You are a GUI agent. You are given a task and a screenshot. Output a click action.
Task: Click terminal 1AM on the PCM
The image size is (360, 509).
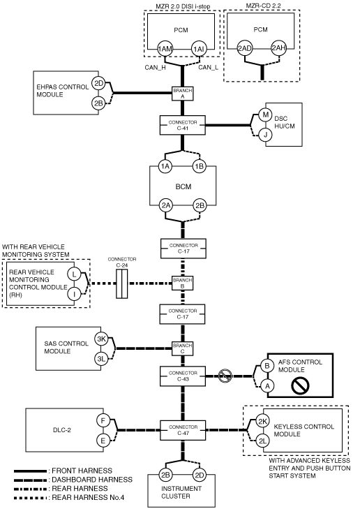click(165, 49)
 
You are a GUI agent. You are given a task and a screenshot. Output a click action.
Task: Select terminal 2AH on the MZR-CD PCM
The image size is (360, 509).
click(278, 48)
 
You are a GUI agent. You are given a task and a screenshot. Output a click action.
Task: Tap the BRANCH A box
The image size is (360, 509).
click(183, 94)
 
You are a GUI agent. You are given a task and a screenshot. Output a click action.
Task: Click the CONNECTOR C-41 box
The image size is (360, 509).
click(183, 125)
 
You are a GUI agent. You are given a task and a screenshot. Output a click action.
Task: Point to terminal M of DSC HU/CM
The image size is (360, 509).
click(266, 115)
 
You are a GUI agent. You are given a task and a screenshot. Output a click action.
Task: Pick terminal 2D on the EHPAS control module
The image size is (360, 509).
click(98, 83)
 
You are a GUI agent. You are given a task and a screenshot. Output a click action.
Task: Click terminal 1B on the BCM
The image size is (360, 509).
click(199, 166)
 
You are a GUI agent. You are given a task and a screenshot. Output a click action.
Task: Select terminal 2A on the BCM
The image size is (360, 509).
click(166, 205)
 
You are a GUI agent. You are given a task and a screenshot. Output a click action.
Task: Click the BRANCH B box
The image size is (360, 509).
click(183, 283)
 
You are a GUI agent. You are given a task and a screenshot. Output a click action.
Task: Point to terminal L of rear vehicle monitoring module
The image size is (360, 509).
click(74, 274)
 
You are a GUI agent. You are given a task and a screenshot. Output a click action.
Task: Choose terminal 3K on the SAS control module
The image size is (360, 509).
click(102, 339)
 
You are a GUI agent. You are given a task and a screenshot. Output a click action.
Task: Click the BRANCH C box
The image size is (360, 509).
click(183, 348)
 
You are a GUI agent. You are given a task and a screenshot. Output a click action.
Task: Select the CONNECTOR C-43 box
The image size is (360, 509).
click(183, 376)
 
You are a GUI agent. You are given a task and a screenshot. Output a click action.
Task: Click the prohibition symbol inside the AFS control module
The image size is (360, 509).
click(300, 385)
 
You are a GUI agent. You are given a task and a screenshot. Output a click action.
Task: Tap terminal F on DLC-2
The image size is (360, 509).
click(103, 421)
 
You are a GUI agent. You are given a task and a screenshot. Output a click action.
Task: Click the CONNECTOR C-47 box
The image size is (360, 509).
click(183, 430)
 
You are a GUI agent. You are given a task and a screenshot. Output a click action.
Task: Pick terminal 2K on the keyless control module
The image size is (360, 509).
click(262, 421)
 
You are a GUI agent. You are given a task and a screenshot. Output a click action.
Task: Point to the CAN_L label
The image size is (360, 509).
click(208, 68)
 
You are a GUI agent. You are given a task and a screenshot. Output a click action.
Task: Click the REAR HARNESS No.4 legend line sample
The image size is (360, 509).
click(30, 498)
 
